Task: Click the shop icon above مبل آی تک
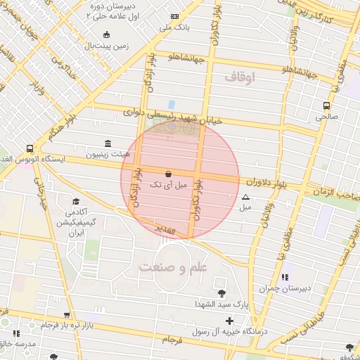[x=168, y=174]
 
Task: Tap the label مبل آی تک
[x=168, y=185]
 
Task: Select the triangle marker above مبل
[x=246, y=198]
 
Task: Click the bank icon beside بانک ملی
[x=174, y=17]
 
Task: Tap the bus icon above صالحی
[x=326, y=105]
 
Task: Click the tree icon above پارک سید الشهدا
[x=223, y=292]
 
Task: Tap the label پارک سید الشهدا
[x=222, y=304]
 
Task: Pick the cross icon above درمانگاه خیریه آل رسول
[x=229, y=321]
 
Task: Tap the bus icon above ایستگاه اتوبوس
[x=30, y=148]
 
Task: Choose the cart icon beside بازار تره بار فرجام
[x=67, y=315]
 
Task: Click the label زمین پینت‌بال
[x=106, y=46]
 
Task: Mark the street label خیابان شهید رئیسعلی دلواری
[x=172, y=117]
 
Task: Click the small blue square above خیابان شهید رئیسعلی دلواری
[x=172, y=104]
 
